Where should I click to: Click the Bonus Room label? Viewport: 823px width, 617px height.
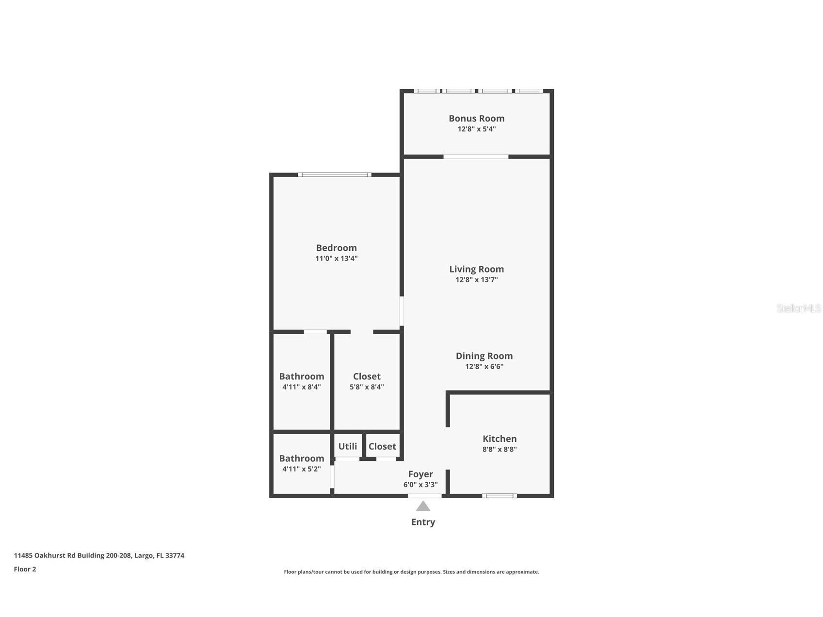coord(476,118)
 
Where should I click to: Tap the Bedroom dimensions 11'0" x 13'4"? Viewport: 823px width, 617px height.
coord(336,259)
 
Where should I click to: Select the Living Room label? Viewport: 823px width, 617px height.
coord(476,269)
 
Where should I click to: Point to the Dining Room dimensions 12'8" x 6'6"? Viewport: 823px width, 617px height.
coord(484,367)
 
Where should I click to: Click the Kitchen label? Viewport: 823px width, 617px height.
coord(500,439)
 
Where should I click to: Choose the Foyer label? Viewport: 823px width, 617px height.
coord(420,474)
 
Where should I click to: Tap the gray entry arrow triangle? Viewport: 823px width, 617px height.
coord(423,506)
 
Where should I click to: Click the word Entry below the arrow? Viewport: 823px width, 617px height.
coord(423,522)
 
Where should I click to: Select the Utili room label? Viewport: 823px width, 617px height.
coord(348,446)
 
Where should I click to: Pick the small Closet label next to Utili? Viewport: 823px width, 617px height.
coord(382,446)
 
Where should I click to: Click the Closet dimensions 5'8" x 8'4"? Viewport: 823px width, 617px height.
coord(367,387)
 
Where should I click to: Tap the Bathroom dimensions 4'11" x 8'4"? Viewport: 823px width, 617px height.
coord(301,387)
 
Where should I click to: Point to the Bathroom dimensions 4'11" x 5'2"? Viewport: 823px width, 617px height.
coord(301,469)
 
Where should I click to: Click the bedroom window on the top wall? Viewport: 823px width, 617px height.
coord(335,175)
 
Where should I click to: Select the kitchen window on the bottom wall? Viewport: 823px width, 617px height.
coord(500,496)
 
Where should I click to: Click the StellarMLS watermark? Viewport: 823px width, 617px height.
coord(798,308)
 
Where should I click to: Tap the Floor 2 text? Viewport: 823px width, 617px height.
coord(25,569)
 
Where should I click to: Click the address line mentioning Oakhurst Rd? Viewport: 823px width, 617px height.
coord(99,556)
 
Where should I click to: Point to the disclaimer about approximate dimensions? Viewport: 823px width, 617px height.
coord(411,572)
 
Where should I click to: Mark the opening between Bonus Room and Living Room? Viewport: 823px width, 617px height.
coord(476,157)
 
